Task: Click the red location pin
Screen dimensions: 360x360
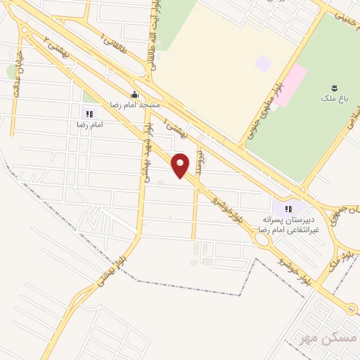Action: point(181,165)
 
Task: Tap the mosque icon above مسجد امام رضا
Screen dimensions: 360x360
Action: point(134,94)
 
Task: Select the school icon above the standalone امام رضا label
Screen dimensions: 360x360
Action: point(89,113)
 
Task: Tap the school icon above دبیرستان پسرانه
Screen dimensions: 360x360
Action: point(288,208)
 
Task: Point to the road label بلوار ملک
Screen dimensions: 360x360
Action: point(336,263)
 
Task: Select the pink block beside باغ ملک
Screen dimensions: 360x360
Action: point(290,84)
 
